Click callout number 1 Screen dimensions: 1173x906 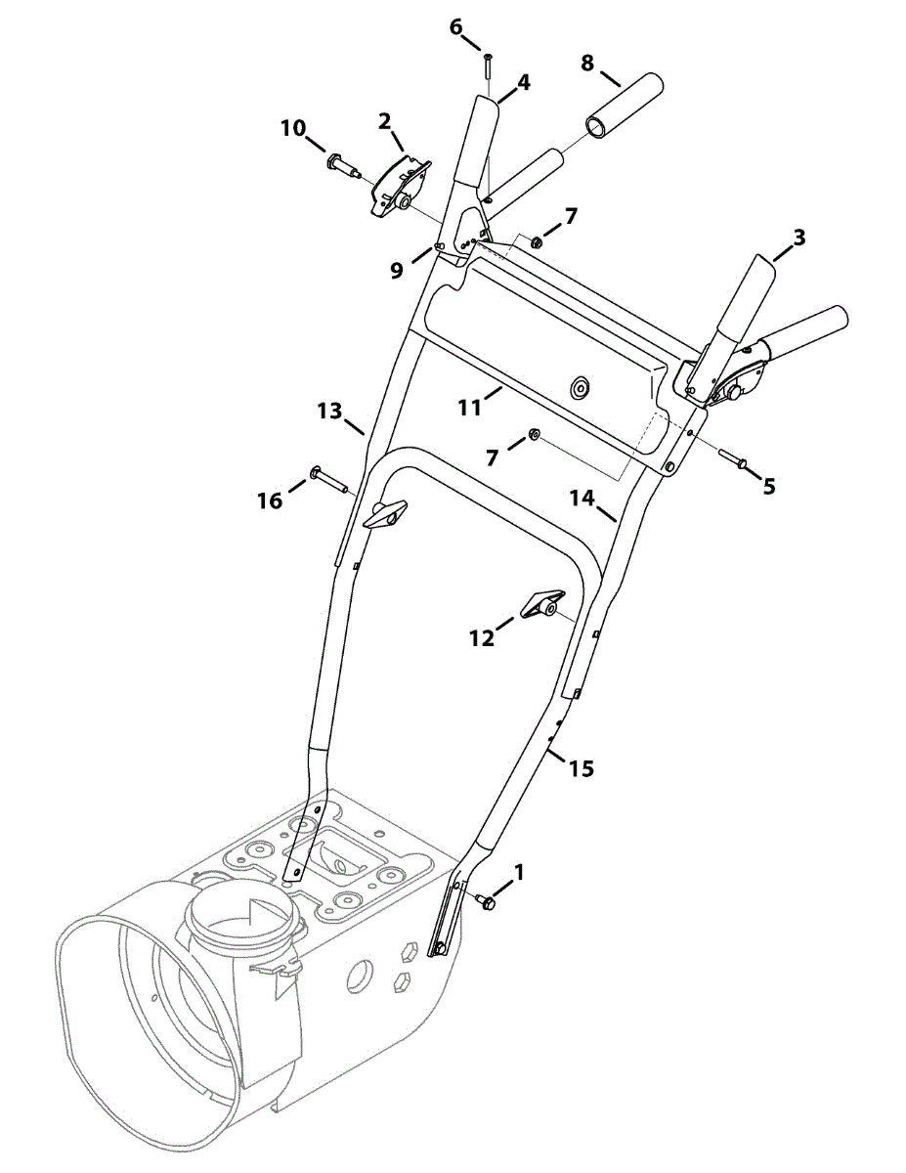tap(519, 870)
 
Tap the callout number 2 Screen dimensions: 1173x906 tap(385, 121)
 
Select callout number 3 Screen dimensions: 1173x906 tap(799, 237)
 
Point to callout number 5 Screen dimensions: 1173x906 tap(769, 485)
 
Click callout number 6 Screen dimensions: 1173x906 tap(456, 26)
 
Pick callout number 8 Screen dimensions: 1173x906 tap(586, 63)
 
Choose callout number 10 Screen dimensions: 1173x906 tap(293, 128)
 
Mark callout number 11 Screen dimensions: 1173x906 tap(471, 406)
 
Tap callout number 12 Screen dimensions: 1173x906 tap(482, 637)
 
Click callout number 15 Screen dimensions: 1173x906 tap(581, 768)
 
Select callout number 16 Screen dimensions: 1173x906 tap(270, 500)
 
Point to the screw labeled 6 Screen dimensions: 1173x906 tap(488, 70)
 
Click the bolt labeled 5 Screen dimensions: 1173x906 tap(734, 457)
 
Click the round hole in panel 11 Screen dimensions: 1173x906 tap(581, 388)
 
